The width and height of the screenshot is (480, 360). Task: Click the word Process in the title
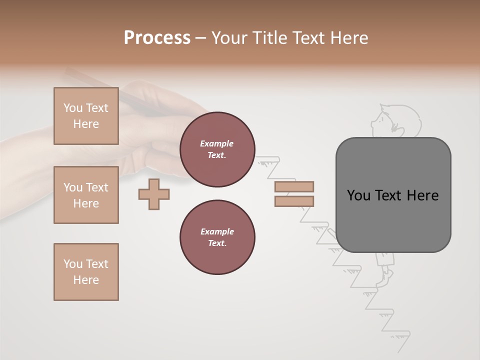pyautogui.click(x=157, y=38)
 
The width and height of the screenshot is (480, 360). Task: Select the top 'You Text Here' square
pyautogui.click(x=86, y=116)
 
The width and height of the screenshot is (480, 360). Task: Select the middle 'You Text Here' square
pyautogui.click(x=86, y=195)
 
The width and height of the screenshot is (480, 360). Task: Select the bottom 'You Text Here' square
pyautogui.click(x=86, y=272)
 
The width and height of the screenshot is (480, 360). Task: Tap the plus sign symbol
pyautogui.click(x=154, y=194)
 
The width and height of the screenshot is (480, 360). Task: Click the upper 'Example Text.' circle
pyautogui.click(x=217, y=149)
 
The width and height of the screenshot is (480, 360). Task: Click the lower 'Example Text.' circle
pyautogui.click(x=217, y=237)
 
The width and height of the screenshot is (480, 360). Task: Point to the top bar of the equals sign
pyautogui.click(x=294, y=186)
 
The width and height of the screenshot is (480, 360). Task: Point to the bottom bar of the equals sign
pyautogui.click(x=294, y=201)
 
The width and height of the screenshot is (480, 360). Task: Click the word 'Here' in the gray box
pyautogui.click(x=422, y=195)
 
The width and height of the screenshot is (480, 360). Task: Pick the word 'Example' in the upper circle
pyautogui.click(x=217, y=143)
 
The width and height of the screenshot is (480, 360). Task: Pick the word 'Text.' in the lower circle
pyautogui.click(x=217, y=243)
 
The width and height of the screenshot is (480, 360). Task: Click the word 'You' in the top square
pyautogui.click(x=72, y=108)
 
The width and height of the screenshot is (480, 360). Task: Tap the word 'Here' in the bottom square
pyautogui.click(x=86, y=280)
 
